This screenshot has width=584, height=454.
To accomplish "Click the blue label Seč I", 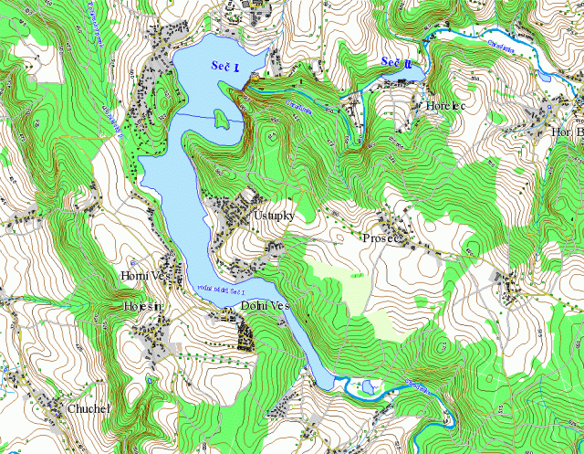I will pos(224,67).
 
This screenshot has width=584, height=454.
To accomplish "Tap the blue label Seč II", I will pos(395,62).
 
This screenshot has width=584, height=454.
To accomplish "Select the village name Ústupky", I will pos(273,216).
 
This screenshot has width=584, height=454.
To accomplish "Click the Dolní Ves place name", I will pos(266,306).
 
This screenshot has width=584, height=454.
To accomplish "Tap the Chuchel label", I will pos(89,409).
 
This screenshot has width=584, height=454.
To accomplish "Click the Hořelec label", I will pos(446,107).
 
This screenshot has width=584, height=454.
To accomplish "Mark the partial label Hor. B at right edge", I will pos(567,133).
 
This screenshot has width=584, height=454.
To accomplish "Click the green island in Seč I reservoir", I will pos(220,118).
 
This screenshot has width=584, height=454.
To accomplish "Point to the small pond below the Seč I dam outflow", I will pos(368,389).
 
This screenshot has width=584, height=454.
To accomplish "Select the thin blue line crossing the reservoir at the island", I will pos(196,118).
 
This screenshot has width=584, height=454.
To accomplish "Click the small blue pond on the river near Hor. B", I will pos(545,74).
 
